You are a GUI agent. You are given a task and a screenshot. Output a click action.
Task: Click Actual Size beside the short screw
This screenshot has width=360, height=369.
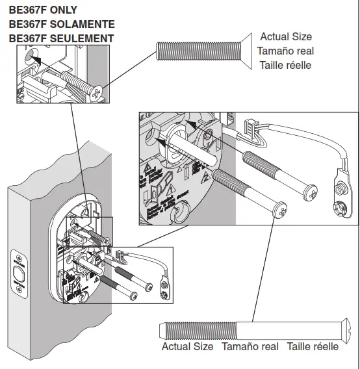pos(286,37)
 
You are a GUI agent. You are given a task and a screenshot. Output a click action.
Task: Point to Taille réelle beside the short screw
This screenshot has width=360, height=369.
pos(285,65)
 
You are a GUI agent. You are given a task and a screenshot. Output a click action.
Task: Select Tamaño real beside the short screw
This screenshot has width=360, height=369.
pos(285,51)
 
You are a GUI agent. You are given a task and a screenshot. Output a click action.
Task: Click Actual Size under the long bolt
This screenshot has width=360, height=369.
pos(187,347)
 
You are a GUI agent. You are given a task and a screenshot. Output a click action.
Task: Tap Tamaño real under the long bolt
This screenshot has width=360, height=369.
pos(250,347)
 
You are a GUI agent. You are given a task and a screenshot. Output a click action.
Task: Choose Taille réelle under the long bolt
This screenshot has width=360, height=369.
pos(313,347)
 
